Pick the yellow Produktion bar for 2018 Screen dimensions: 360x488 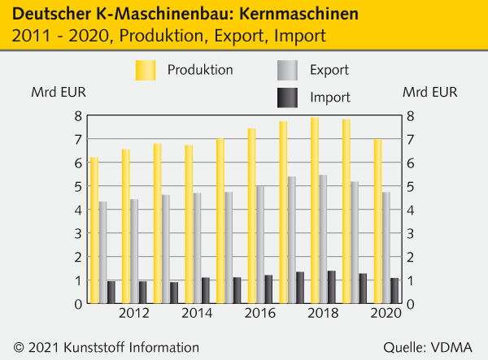(x=315, y=210)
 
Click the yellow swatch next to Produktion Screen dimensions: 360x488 (x=146, y=71)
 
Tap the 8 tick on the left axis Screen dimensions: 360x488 (x=79, y=115)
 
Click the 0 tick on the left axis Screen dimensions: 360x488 (x=79, y=304)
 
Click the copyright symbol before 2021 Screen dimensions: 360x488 (x=18, y=347)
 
